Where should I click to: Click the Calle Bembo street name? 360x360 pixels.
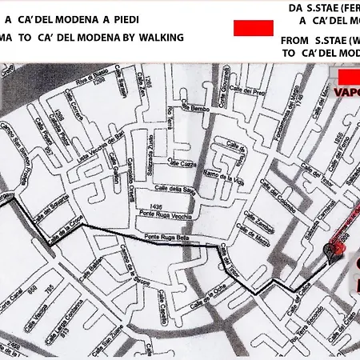tap(200, 106)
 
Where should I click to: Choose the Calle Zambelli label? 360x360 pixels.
tap(265, 230)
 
